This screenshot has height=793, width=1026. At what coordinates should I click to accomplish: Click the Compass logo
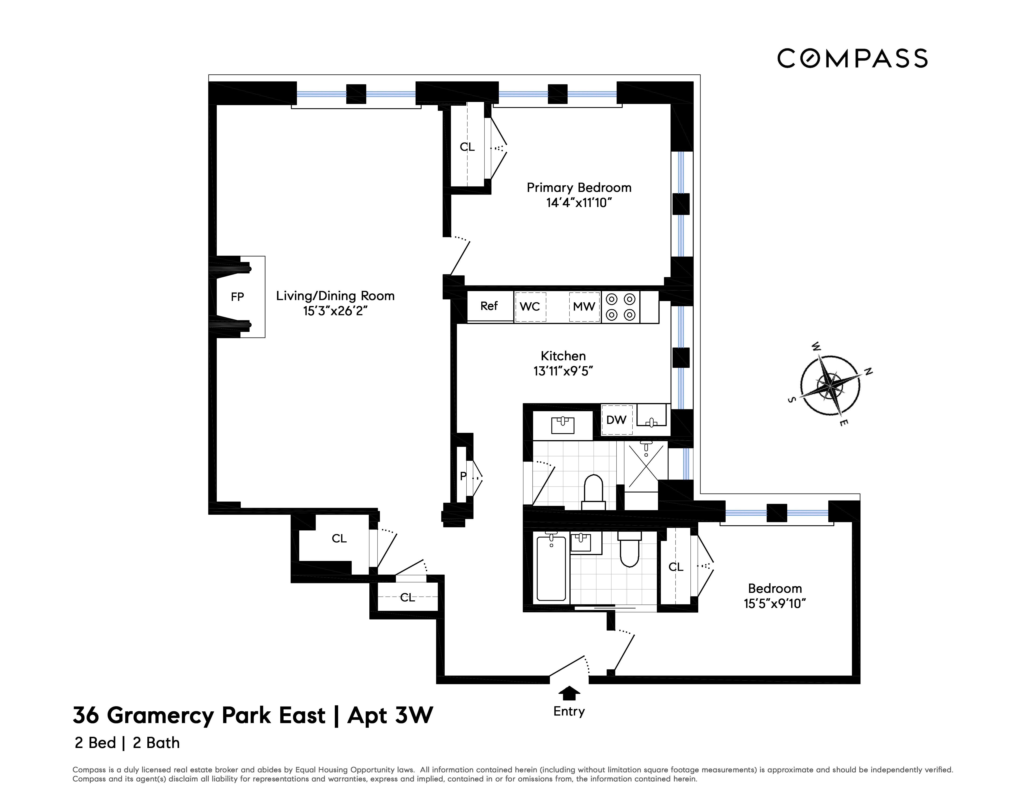(852, 59)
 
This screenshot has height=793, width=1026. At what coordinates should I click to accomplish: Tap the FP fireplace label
(237, 297)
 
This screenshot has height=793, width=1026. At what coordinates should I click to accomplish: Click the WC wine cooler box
(530, 307)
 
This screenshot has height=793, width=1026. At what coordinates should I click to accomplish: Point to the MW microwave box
(584, 307)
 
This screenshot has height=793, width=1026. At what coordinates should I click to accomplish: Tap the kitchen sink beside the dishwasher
(651, 416)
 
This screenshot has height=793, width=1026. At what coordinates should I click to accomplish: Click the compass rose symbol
(830, 385)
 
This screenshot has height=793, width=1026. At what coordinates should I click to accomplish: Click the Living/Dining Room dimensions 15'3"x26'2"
(335, 311)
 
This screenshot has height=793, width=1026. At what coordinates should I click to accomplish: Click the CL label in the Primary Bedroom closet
(467, 147)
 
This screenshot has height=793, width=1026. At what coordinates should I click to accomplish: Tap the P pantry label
(463, 476)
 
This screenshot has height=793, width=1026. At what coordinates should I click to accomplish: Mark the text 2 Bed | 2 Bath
(127, 743)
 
